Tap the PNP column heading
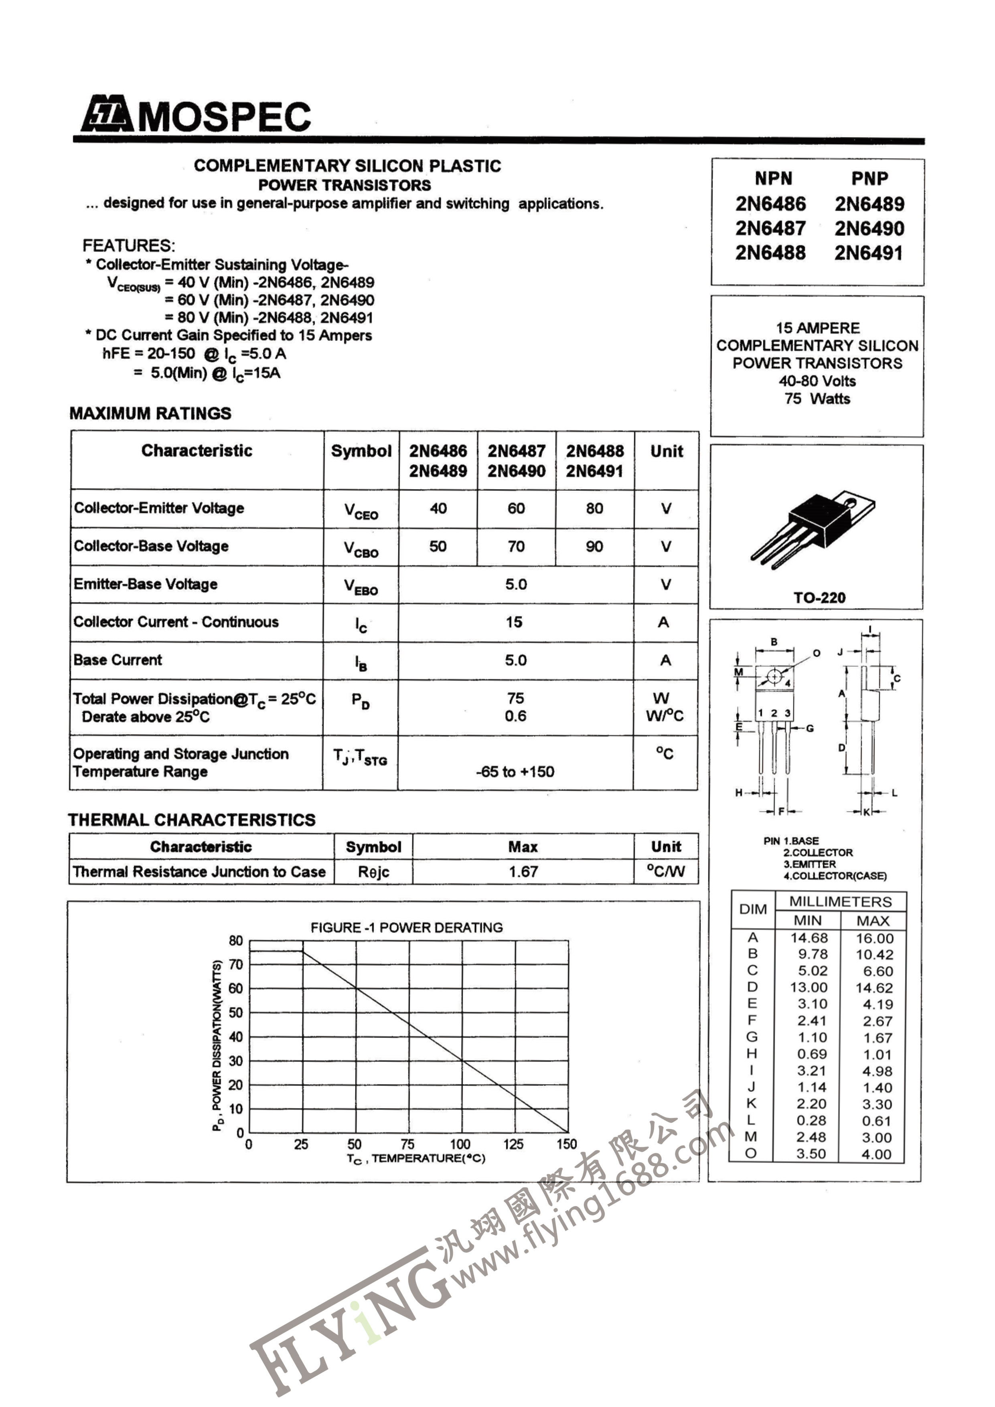[869, 178]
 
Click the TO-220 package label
[819, 597]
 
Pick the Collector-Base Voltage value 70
[516, 546]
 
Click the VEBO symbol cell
[361, 586]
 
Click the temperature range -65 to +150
[515, 771]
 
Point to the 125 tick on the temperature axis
[513, 1144]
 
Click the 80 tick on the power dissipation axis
[236, 941]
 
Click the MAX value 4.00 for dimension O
[876, 1154]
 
